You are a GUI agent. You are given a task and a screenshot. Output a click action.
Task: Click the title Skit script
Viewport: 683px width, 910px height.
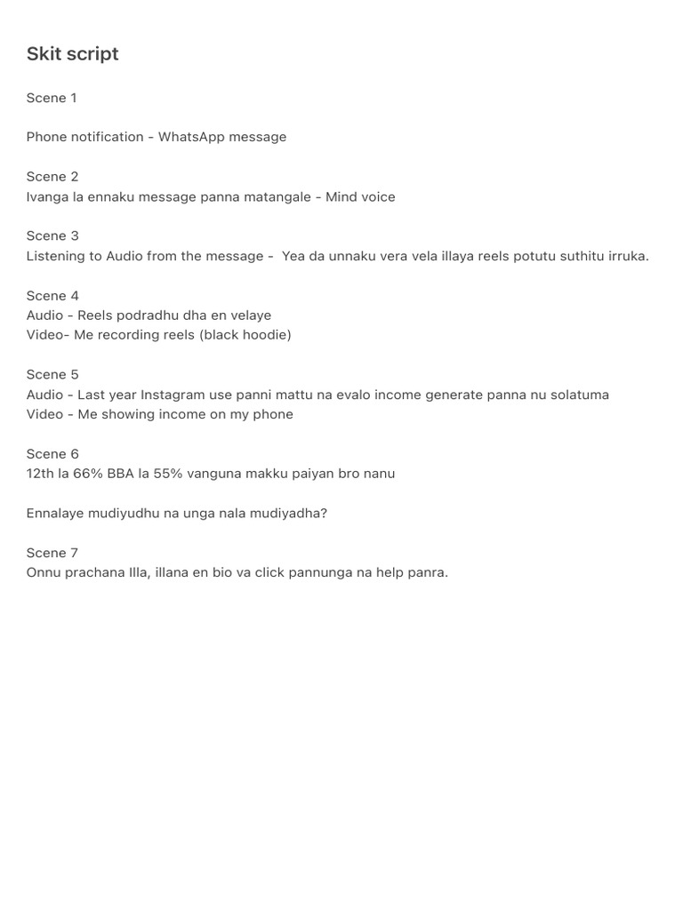72,54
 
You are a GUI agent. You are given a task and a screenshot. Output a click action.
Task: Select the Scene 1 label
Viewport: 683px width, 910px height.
52,98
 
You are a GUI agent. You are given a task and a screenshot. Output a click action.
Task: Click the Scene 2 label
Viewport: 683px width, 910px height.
52,177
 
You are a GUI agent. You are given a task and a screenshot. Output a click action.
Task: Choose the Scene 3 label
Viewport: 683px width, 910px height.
52,236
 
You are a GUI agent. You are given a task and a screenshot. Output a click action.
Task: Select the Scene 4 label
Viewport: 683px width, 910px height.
52,296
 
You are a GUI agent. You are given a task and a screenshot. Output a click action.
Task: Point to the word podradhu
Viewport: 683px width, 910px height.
148,315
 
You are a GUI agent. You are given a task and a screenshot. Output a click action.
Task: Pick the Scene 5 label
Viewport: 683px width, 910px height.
52,375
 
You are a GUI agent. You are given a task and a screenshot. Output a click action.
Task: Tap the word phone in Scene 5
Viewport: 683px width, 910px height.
273,414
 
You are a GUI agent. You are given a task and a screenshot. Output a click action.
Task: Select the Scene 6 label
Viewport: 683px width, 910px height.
52,454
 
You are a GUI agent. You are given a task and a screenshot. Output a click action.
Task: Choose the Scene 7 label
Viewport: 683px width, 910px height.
52,554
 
